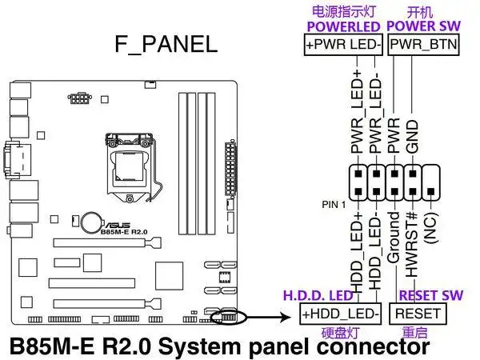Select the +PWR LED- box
click(342, 45)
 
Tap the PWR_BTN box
click(423, 45)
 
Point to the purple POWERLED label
click(342, 26)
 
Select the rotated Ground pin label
click(393, 238)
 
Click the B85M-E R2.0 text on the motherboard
click(128, 233)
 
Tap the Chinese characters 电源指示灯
click(342, 10)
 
